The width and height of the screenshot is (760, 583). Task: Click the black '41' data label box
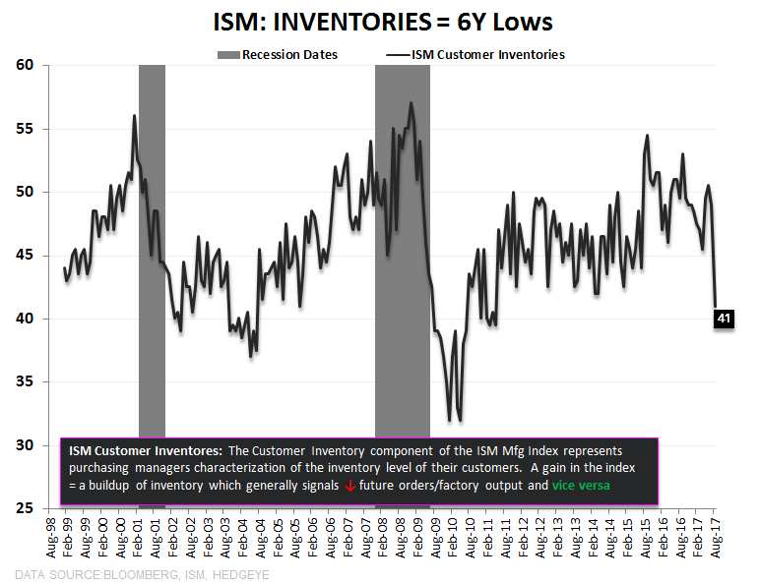point(724,318)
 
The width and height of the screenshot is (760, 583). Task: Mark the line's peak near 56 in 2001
point(134,116)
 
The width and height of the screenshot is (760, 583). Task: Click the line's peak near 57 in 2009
point(411,102)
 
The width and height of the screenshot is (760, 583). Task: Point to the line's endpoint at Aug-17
point(716,306)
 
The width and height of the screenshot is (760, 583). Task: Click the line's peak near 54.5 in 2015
point(647,136)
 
